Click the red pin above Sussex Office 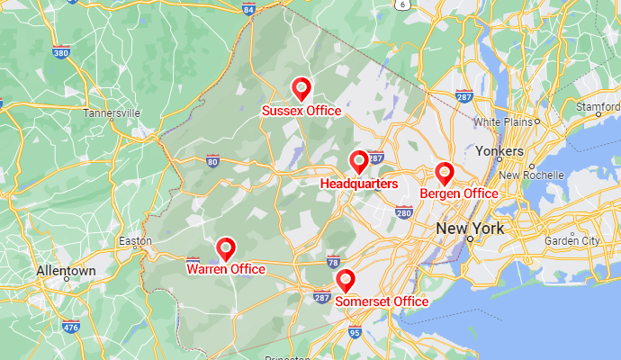tap(301, 88)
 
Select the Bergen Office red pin tap(444, 173)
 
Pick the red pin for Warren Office tap(226, 247)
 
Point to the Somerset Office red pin tap(345, 280)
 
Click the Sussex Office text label tap(301, 111)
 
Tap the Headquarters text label tap(359, 184)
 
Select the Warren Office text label tap(226, 269)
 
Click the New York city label tap(470, 229)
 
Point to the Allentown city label tap(66, 271)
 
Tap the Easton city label tap(135, 241)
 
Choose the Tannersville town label tap(112, 114)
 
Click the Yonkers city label tap(499, 151)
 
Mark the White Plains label tap(502, 121)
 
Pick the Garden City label tap(571, 241)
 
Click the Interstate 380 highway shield tap(61, 53)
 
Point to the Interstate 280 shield tap(403, 212)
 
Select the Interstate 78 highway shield tap(334, 263)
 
